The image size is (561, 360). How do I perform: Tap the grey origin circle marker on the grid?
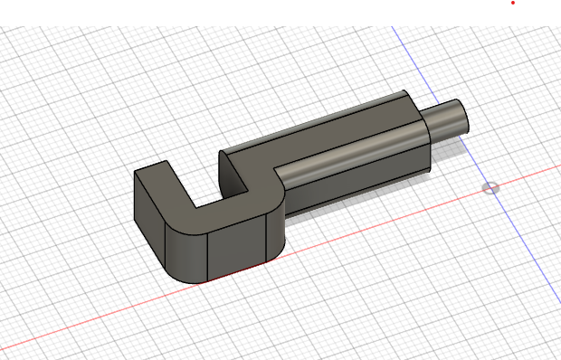tap(490, 188)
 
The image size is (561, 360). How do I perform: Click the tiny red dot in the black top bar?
tap(513, 3)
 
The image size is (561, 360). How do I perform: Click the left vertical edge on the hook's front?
tap(210, 253)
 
